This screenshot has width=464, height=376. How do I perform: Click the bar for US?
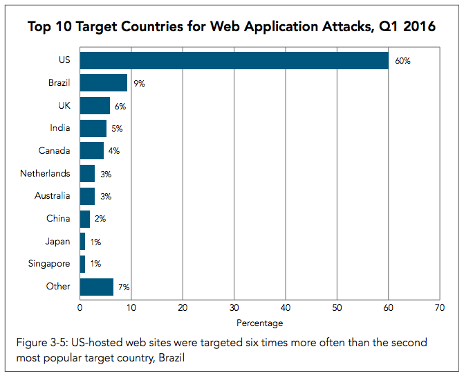(234, 61)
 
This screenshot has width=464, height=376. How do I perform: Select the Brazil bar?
(104, 84)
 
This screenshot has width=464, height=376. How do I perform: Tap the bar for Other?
(97, 287)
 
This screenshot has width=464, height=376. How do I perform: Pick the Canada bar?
(91, 151)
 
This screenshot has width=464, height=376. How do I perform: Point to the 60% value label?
(402, 61)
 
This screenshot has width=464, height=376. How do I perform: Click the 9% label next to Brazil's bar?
(140, 84)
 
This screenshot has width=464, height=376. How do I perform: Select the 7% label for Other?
(124, 287)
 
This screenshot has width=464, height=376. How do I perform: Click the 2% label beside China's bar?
(101, 219)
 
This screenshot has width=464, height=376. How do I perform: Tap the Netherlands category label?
(45, 174)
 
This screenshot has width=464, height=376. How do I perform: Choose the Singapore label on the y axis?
(49, 264)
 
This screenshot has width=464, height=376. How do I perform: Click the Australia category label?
(52, 196)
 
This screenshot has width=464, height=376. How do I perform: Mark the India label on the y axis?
(59, 129)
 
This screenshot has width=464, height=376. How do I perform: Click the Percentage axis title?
(259, 323)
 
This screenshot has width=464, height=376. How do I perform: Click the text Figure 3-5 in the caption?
(40, 343)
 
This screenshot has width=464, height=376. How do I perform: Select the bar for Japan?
(82, 242)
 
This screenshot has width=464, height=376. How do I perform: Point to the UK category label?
(63, 106)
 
